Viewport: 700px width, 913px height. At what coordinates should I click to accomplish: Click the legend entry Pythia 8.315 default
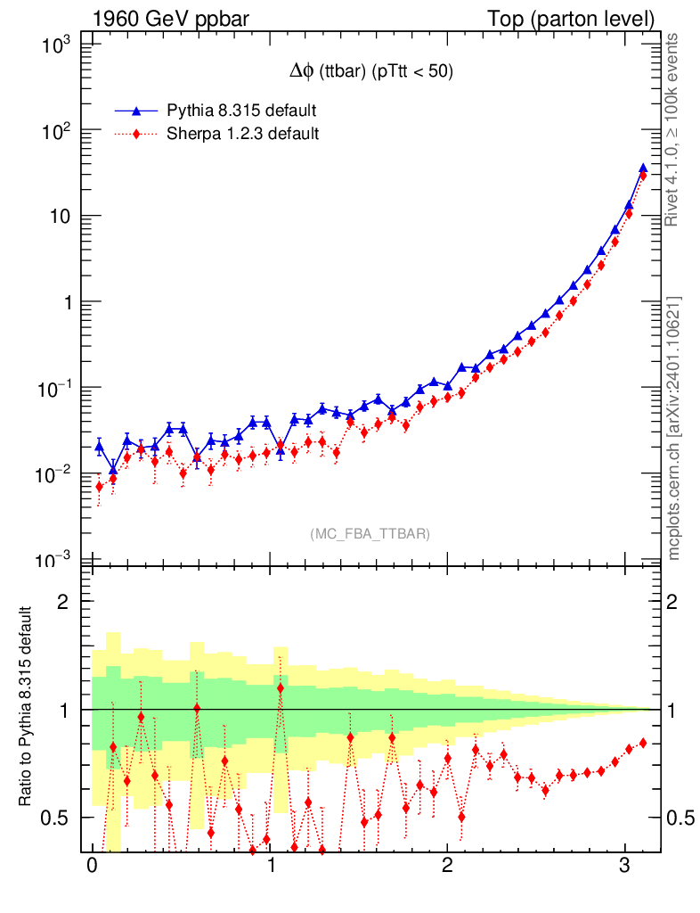click(240, 111)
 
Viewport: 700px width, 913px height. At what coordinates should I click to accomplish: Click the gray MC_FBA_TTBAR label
click(370, 534)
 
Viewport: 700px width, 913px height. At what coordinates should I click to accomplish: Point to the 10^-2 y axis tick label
click(61, 473)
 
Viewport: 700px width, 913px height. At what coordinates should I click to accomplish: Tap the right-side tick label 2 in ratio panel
click(679, 602)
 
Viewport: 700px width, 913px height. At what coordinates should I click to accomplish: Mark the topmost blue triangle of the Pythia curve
click(643, 168)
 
